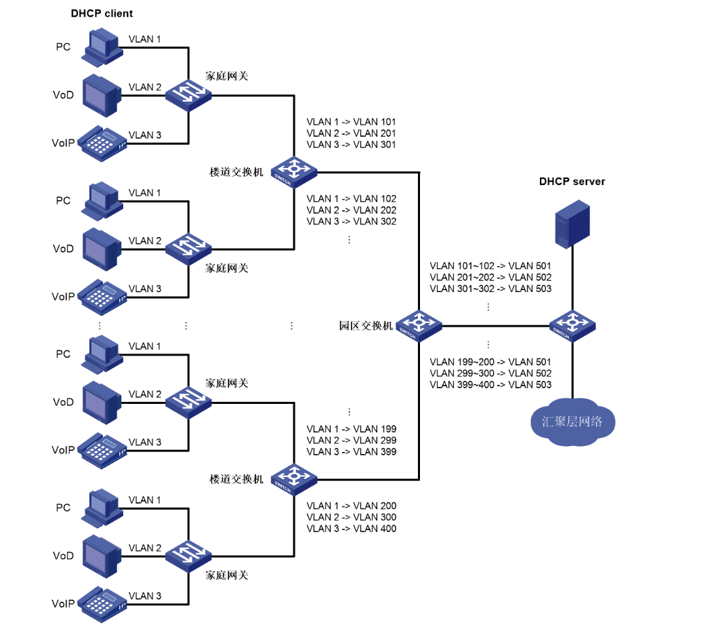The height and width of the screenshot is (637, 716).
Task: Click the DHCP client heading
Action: click(x=102, y=14)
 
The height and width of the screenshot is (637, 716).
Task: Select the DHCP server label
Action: click(x=572, y=182)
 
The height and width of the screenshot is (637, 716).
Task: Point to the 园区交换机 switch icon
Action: click(x=419, y=325)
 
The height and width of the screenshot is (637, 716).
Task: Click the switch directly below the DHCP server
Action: click(x=572, y=325)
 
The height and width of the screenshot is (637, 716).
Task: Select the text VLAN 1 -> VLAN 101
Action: click(x=351, y=122)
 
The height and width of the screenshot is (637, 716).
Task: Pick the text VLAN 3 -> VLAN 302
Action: click(x=351, y=222)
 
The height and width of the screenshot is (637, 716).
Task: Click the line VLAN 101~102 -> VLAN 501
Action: click(x=490, y=266)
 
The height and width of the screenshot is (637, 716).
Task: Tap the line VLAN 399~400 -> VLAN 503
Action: click(x=490, y=385)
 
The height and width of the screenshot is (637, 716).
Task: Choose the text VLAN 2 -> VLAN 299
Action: click(x=351, y=440)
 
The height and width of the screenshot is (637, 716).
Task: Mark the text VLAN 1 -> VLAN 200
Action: click(x=351, y=506)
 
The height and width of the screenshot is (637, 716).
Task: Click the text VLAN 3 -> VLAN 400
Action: click(x=351, y=529)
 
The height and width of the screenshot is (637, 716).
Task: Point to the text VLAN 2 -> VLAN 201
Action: click(x=351, y=133)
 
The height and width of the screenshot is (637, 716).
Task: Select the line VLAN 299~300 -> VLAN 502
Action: click(x=490, y=373)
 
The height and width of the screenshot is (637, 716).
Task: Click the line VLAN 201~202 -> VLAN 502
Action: click(x=490, y=277)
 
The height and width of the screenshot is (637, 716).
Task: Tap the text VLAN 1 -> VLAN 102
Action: click(x=351, y=199)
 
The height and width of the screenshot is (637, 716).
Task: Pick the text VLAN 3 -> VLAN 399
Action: click(x=351, y=452)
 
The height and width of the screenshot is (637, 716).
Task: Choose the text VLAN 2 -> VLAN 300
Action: click(x=351, y=517)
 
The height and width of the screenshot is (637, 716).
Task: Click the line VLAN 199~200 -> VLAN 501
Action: click(x=490, y=362)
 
